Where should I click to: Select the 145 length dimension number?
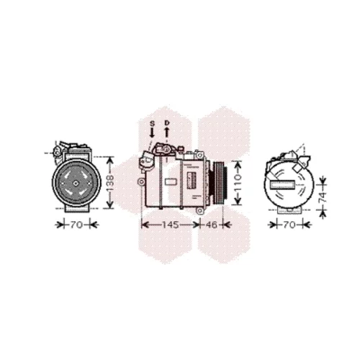[x=171, y=225]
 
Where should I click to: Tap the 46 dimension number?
[x=211, y=225]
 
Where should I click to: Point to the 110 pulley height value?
[x=238, y=182]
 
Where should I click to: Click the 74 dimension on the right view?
[x=323, y=197]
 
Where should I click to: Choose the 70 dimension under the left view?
[x=76, y=225]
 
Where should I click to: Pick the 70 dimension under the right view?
[x=289, y=225]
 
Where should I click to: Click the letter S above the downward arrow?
[x=152, y=124]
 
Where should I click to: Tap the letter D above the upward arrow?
[x=167, y=123]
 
